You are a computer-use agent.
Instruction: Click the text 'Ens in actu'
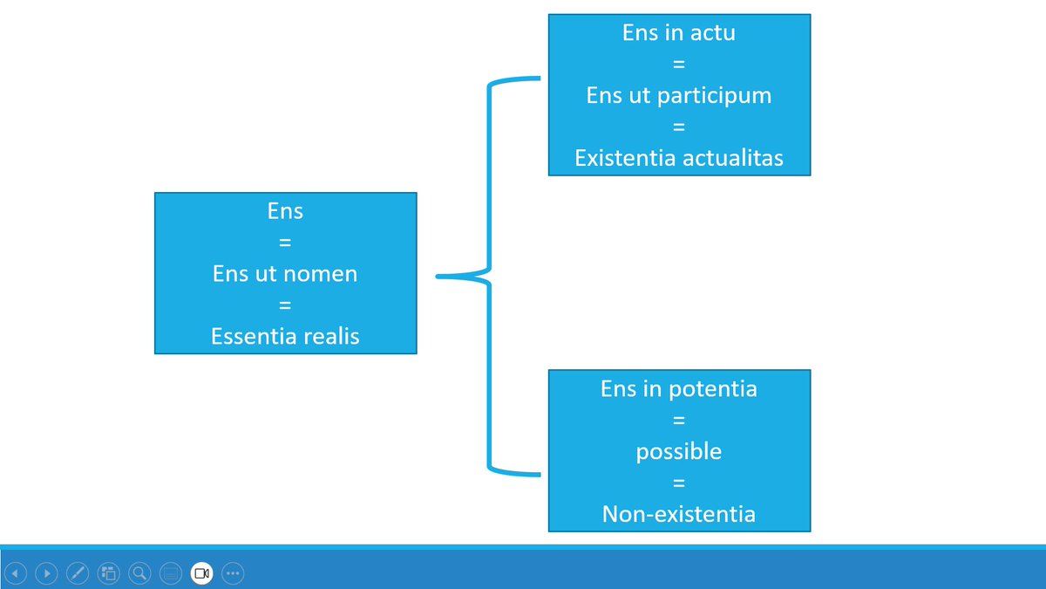point(679,33)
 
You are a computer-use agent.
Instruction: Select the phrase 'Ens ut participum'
point(679,96)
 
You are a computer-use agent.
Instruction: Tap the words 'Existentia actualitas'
point(679,158)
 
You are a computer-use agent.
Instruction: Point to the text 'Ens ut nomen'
point(285,274)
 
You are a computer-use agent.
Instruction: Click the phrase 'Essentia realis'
point(285,337)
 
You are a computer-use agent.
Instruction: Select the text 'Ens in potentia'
point(679,389)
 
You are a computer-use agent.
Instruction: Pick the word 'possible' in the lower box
point(679,453)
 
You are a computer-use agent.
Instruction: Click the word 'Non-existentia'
point(679,514)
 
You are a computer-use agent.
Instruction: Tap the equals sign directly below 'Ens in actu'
point(679,64)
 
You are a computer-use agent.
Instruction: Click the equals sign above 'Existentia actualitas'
point(679,127)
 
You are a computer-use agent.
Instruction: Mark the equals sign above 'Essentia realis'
point(285,305)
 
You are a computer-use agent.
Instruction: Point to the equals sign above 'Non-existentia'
point(679,483)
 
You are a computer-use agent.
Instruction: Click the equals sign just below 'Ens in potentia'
point(679,421)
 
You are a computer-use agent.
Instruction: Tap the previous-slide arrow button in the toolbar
point(16,573)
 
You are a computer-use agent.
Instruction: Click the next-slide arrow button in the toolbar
point(47,573)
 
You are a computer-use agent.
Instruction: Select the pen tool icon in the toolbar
point(78,573)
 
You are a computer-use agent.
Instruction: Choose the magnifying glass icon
point(139,573)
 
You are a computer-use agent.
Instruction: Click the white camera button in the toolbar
point(201,573)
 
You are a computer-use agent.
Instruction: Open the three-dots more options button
point(233,573)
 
